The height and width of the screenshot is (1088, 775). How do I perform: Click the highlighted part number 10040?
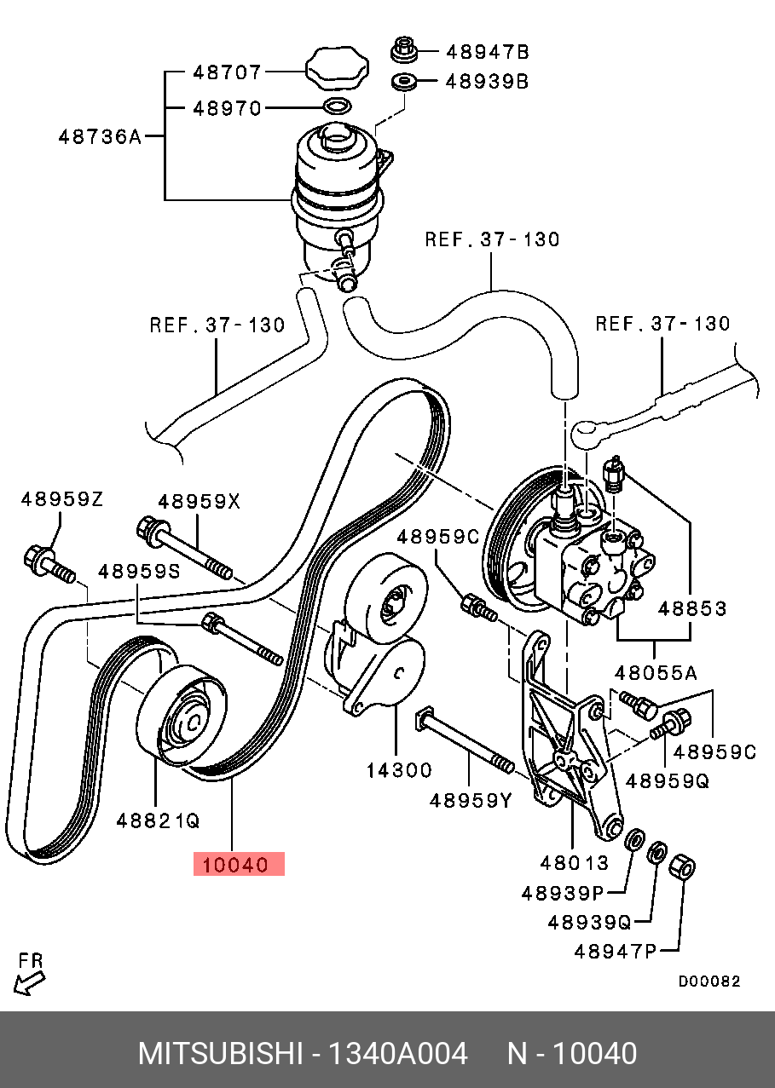pyautogui.click(x=238, y=864)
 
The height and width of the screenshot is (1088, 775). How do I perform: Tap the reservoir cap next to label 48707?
pyautogui.click(x=337, y=66)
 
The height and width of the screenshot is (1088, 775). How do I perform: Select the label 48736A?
pyautogui.click(x=99, y=135)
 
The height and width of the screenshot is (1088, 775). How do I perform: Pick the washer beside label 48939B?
pyautogui.click(x=404, y=83)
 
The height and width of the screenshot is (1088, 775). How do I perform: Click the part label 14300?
pyautogui.click(x=399, y=770)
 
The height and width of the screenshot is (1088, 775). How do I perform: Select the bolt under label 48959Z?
pyautogui.click(x=46, y=563)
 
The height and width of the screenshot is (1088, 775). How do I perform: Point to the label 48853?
pyautogui.click(x=692, y=608)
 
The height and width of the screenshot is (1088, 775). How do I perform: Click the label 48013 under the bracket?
pyautogui.click(x=574, y=862)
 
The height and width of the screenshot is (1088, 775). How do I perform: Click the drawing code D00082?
pyautogui.click(x=708, y=982)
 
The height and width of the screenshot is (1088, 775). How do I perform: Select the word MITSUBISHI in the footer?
pyautogui.click(x=220, y=1054)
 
